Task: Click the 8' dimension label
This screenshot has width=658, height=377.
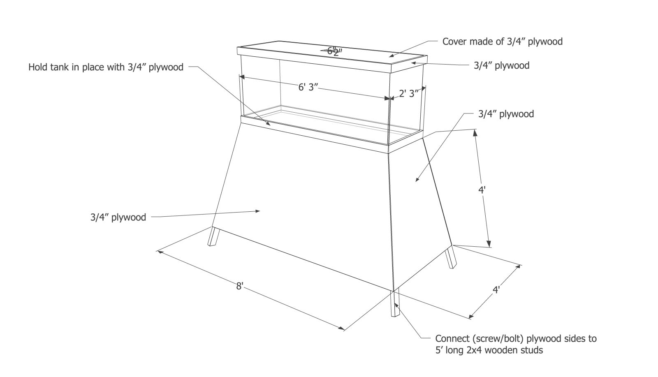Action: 240,286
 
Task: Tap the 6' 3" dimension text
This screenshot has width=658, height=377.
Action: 308,87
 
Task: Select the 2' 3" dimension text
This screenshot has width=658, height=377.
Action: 409,93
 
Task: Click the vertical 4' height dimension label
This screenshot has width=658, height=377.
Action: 482,190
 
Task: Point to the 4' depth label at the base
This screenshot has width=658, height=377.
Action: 496,290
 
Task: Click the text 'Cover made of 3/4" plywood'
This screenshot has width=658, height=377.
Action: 502,42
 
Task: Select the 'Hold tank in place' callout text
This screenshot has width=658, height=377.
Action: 106,67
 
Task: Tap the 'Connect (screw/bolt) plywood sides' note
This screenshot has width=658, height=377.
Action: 516,339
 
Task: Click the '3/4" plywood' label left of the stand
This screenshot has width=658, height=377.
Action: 118,217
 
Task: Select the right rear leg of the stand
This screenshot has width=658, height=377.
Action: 450,257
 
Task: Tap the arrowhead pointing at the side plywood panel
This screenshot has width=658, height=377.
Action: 417,179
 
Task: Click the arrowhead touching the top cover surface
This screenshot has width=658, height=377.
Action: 392,54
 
